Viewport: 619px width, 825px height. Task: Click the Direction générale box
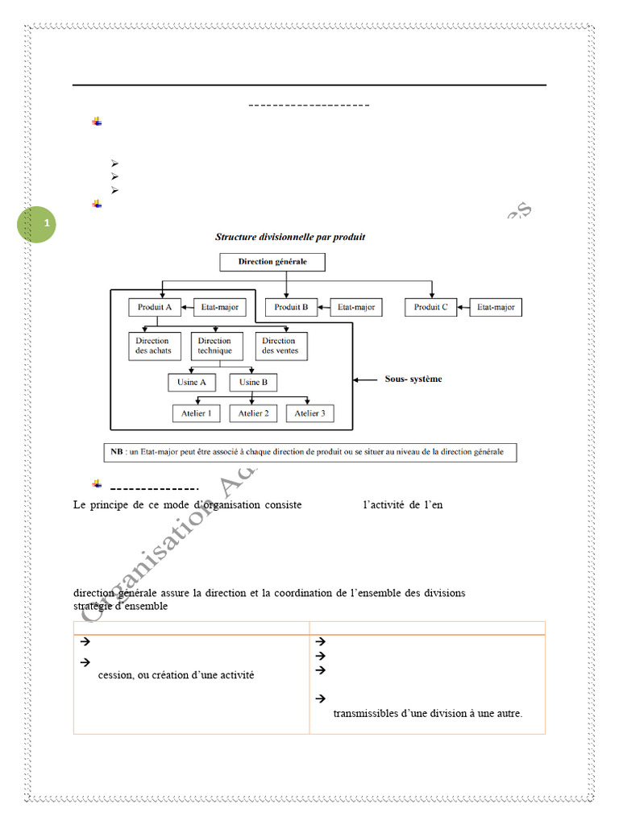pos(272,262)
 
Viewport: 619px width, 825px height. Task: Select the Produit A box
pos(154,307)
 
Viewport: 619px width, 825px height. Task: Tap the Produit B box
pos(291,307)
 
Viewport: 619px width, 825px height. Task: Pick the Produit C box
pos(431,307)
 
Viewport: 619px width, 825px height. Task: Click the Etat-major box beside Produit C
pos(496,307)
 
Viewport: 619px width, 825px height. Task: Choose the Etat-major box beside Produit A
pos(218,307)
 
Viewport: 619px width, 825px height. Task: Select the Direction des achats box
pos(153,346)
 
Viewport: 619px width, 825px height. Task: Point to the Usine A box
pos(191,382)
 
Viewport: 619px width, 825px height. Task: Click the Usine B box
pos(253,382)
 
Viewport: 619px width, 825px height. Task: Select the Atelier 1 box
pos(197,413)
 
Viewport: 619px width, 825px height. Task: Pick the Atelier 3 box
pos(309,413)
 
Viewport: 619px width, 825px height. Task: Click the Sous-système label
pos(413,379)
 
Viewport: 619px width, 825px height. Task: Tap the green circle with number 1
pos(37,223)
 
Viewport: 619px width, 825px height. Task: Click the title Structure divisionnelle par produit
pos(290,237)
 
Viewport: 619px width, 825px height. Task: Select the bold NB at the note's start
pos(117,452)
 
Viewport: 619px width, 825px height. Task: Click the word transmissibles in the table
pos(365,713)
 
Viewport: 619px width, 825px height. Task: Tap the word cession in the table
pos(115,675)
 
